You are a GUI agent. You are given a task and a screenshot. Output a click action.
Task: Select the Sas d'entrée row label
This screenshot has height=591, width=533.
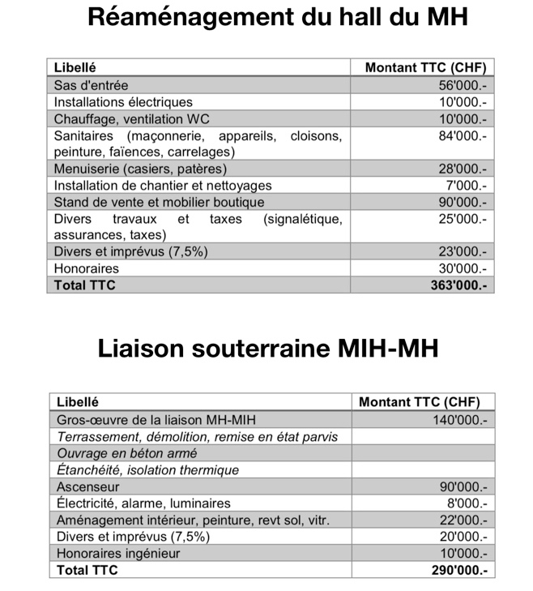tap(91, 85)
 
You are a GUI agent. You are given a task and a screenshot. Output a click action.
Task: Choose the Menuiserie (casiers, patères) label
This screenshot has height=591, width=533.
tap(140, 169)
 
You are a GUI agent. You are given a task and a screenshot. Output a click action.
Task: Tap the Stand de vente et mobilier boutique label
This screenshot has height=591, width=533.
tap(159, 202)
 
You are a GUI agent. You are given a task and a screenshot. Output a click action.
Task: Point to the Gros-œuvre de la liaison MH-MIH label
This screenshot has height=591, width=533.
tap(160, 420)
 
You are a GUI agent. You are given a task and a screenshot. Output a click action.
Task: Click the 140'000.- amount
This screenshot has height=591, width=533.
tap(459, 420)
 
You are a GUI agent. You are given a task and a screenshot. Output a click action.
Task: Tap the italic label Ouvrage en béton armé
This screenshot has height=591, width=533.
tap(126, 453)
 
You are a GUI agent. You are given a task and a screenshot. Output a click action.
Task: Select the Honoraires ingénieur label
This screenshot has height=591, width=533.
tap(118, 553)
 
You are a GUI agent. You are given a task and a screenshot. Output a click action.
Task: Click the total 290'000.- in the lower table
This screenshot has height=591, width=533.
tap(458, 570)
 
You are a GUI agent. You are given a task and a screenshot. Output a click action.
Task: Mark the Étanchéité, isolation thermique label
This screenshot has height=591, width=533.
tap(147, 470)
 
